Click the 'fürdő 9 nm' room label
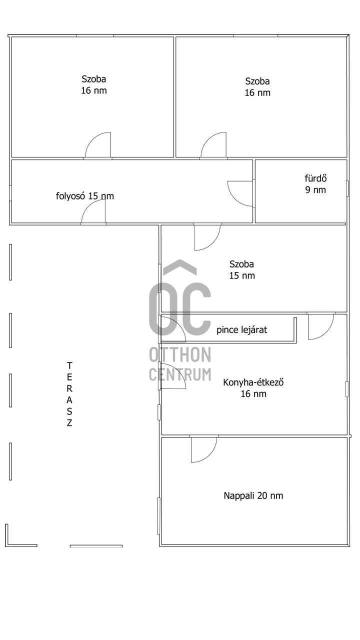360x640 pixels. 315,184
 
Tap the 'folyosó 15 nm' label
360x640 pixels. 85,196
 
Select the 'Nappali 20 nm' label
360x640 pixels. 253,495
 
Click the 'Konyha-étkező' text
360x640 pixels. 253,382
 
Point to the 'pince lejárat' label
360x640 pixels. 241,330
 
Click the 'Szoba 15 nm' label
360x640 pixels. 241,269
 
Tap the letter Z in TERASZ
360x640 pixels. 69,423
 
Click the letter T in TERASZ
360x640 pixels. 69,365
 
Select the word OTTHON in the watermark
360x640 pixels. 180,354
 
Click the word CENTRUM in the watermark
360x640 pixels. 180,374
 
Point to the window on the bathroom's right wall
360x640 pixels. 347,188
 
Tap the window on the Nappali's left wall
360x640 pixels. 159,515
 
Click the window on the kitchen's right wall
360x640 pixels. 347,389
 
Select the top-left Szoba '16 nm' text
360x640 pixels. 94,90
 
